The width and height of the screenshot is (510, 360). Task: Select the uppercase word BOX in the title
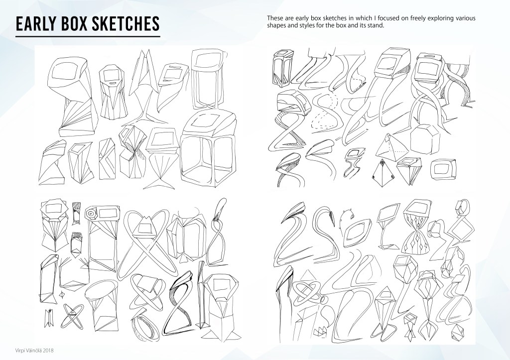[x=75, y=24]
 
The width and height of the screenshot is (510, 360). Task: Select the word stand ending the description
[x=377, y=25]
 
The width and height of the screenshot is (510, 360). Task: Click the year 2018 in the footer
[x=48, y=351]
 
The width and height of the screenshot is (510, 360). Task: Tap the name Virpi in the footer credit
[x=20, y=351]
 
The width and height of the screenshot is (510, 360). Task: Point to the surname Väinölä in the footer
[x=33, y=351]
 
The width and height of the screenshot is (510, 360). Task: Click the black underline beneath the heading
[x=88, y=36]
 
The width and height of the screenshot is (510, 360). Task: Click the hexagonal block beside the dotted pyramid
[x=425, y=139]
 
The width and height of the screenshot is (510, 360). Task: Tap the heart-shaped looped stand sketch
[x=148, y=242]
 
